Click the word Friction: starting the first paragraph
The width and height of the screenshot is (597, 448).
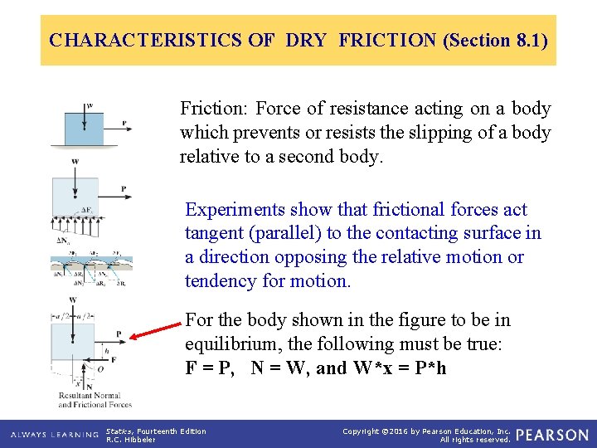215,109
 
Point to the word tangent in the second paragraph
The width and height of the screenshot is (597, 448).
216,234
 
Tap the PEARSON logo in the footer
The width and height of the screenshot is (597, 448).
552,435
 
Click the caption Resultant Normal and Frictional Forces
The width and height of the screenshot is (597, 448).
95,400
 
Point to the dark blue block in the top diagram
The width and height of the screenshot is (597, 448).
84,128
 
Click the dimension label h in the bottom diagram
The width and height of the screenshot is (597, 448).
106,350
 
